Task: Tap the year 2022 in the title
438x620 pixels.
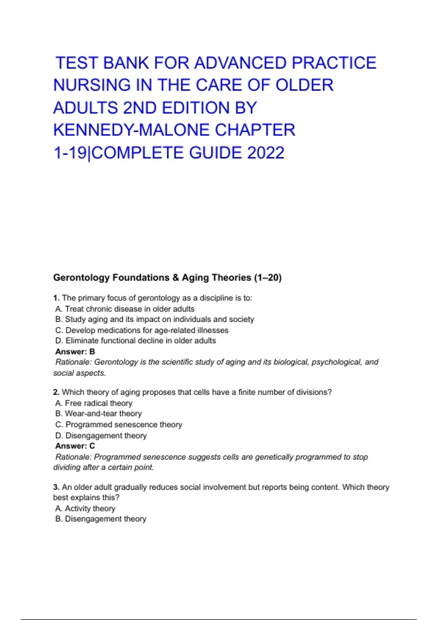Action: click(265, 153)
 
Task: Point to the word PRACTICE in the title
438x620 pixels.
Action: click(334, 63)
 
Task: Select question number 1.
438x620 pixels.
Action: click(56, 298)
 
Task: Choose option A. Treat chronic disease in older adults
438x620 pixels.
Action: click(125, 309)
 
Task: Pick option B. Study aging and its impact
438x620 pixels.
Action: click(154, 319)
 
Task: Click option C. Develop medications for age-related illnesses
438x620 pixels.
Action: click(142, 330)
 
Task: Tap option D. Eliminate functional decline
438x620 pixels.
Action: click(135, 341)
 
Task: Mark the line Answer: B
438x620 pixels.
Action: click(75, 352)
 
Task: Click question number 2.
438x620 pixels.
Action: click(56, 392)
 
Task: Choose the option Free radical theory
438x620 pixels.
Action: click(94, 403)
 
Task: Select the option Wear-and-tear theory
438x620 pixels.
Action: click(99, 414)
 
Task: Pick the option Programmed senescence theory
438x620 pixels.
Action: click(119, 425)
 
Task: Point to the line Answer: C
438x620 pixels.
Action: click(75, 446)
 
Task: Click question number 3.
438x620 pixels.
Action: click(56, 487)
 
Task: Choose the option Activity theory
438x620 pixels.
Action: click(85, 508)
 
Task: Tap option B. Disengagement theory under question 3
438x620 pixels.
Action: click(101, 519)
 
